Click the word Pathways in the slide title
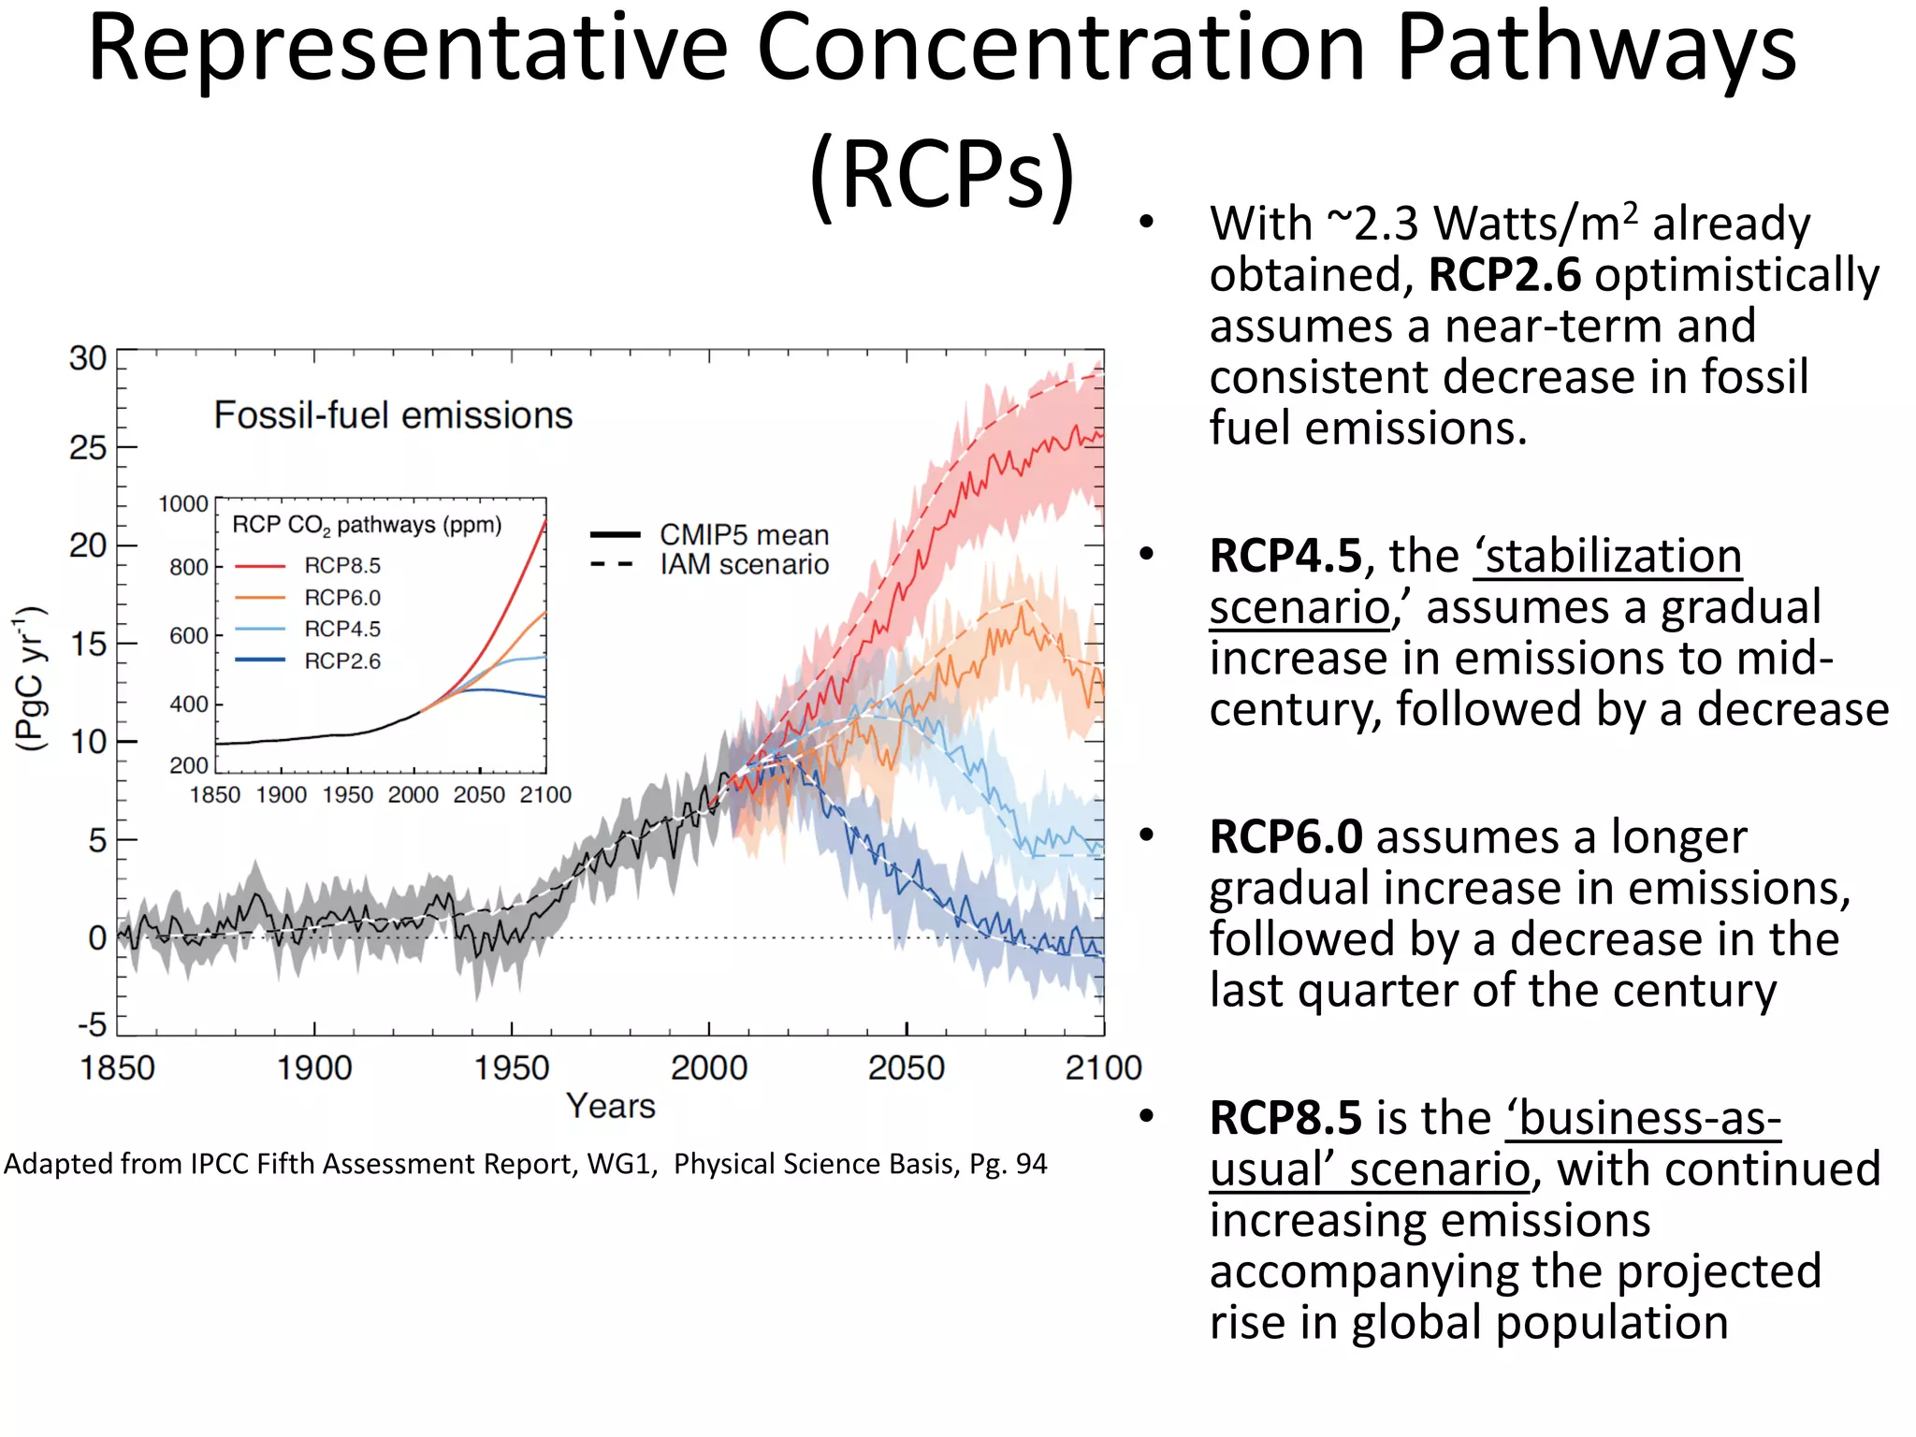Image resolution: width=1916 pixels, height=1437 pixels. tap(1595, 51)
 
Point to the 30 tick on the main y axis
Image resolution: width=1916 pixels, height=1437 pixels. tap(88, 359)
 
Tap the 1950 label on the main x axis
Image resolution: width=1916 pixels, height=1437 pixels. tap(511, 1067)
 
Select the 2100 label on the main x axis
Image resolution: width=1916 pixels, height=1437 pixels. tap(1103, 1067)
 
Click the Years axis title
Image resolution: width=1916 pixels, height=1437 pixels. tap(611, 1106)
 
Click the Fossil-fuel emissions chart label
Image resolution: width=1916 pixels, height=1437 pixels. tap(393, 415)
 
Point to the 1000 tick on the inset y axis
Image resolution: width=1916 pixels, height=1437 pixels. tap(183, 504)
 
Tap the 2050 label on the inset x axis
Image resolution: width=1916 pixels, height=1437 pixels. tap(479, 795)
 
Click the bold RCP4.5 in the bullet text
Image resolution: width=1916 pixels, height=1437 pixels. tap(1285, 557)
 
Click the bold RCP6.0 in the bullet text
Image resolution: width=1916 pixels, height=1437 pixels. tap(1285, 837)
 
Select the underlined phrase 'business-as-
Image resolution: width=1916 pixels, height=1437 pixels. tap(1643, 1118)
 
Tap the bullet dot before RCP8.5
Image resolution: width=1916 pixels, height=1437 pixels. tap(1147, 1116)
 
